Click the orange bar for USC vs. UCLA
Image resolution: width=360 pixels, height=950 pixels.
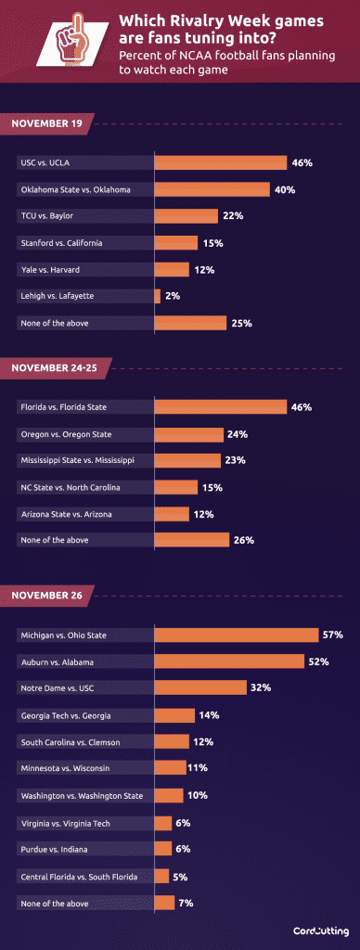click(x=220, y=162)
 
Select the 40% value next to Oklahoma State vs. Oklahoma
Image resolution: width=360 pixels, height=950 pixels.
click(x=283, y=189)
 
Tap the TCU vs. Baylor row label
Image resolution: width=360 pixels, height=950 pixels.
click(x=46, y=216)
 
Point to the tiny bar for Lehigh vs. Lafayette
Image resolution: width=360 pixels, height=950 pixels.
click(x=157, y=297)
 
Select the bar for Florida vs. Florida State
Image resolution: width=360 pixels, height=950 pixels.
click(x=220, y=406)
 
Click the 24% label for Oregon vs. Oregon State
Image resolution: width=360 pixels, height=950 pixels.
click(x=237, y=434)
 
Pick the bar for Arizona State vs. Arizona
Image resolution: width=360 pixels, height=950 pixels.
click(x=172, y=513)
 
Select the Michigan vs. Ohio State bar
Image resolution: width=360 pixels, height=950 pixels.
click(x=237, y=635)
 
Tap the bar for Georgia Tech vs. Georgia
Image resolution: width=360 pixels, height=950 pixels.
click(x=174, y=715)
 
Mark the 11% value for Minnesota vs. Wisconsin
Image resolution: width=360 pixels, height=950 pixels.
click(x=197, y=768)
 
